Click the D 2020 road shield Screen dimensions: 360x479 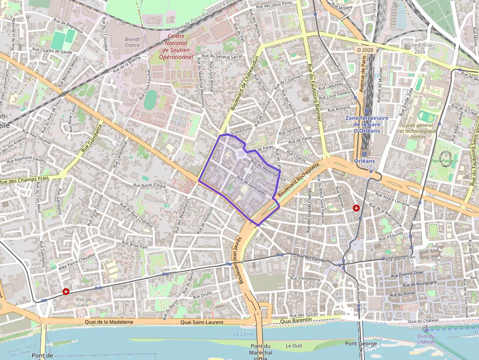click(365, 50)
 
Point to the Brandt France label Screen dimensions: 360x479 click(132, 42)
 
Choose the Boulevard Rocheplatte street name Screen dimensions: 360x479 click(298, 181)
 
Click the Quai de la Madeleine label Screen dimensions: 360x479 click(109, 322)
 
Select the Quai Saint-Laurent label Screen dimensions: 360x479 click(202, 322)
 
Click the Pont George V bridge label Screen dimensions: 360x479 click(361, 346)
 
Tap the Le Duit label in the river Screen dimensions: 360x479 click(294, 346)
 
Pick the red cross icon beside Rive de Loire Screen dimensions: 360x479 click(66, 292)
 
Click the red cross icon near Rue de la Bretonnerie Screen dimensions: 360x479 click(356, 208)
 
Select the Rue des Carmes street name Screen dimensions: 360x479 click(311, 258)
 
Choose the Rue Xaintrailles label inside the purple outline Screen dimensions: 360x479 click(251, 185)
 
